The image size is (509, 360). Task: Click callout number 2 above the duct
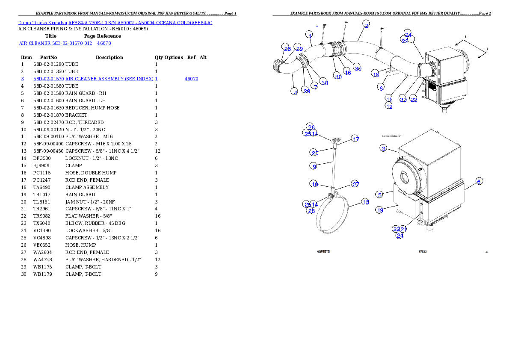[366, 24]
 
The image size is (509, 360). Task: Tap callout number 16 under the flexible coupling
[347, 72]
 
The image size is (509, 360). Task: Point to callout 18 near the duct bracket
[375, 74]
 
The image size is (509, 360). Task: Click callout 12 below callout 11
[388, 106]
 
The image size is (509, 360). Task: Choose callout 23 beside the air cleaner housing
[414, 99]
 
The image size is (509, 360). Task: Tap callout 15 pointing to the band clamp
[365, 202]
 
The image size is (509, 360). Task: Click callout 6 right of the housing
[479, 181]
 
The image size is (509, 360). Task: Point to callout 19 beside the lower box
[380, 210]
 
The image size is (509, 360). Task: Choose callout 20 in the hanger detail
[314, 153]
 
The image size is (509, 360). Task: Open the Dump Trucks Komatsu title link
[115, 23]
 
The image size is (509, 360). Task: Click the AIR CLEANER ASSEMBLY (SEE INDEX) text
[110, 79]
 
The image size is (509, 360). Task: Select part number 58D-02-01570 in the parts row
[49, 79]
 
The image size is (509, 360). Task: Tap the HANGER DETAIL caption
[323, 251]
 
